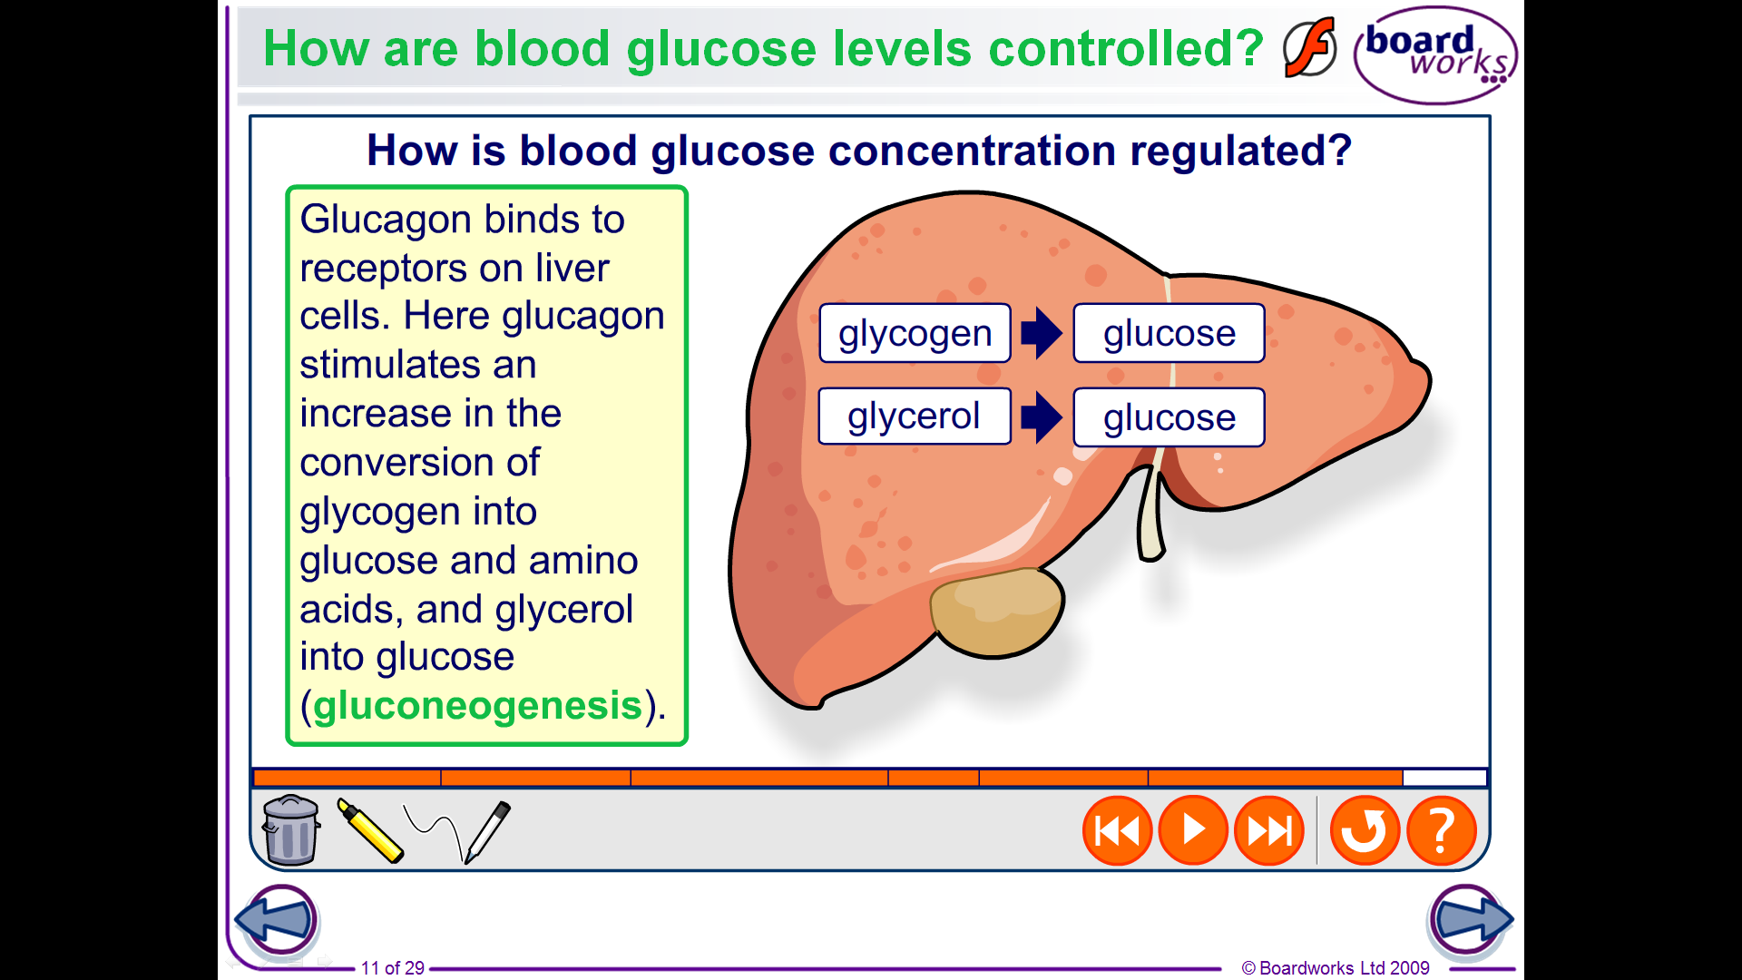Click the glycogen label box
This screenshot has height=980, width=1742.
(915, 333)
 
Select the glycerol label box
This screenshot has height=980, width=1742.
(915, 416)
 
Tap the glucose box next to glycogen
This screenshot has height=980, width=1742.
(1169, 333)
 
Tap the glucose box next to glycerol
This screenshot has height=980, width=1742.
(1169, 417)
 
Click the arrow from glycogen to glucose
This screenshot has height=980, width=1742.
(1042, 333)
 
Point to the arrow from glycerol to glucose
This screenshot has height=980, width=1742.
(1042, 417)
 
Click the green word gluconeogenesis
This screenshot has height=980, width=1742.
(478, 706)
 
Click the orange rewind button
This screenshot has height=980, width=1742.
(1117, 830)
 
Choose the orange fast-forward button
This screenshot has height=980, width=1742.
(1269, 830)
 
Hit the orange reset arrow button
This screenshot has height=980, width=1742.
(1365, 830)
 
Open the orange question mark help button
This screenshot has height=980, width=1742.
(1441, 830)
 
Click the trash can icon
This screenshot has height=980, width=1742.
(290, 829)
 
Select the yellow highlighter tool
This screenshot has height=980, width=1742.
(369, 830)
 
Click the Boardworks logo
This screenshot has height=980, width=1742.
(1435, 54)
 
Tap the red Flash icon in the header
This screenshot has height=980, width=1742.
(1310, 47)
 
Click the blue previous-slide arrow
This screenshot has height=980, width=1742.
(277, 919)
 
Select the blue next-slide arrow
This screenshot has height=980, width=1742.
(1470, 919)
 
